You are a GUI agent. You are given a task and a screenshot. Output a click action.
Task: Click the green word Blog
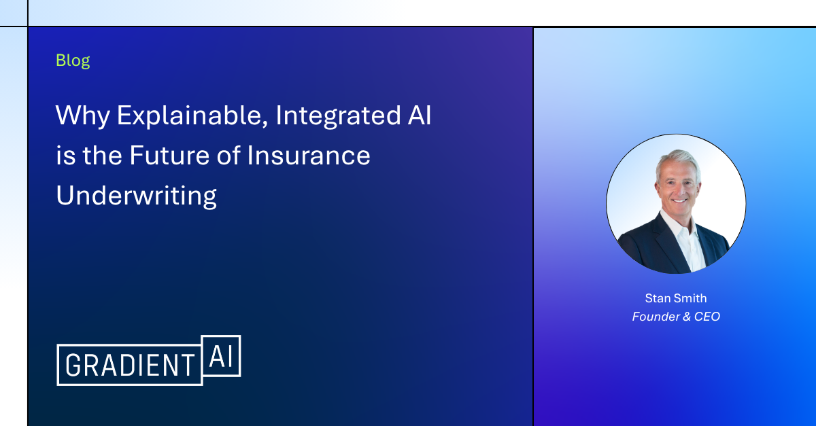73,60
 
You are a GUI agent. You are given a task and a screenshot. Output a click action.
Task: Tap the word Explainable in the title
192,116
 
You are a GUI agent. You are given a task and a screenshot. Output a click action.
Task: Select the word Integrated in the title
338,116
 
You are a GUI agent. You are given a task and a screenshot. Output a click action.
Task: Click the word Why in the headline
83,116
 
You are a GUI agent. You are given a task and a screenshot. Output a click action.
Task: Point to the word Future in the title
169,156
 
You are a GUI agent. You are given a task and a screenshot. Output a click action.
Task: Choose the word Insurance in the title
309,156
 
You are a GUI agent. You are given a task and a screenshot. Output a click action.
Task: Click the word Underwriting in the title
136,196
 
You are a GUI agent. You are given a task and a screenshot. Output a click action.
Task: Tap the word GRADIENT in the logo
130,366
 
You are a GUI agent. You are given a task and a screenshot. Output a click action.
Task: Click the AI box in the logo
221,356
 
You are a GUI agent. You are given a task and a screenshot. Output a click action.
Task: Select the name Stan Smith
676,298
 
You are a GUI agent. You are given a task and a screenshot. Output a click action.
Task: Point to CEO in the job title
707,317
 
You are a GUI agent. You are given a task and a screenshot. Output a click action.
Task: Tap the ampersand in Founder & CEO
687,317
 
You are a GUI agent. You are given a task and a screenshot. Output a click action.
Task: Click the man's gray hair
677,160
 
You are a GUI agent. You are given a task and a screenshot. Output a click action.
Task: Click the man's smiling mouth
679,200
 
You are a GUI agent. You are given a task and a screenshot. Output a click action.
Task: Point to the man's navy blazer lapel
663,241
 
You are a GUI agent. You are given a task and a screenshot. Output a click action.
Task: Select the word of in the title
228,155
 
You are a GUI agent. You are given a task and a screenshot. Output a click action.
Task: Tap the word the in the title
103,156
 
